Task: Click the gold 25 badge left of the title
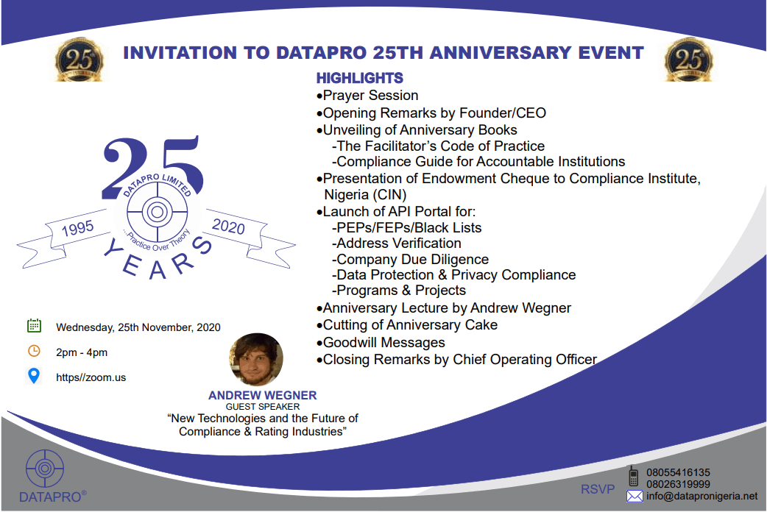79,60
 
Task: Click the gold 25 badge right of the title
688,60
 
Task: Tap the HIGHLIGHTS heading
359,78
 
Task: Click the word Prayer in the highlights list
344,96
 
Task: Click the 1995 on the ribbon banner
77,227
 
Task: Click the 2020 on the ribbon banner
228,226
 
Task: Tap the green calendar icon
34,325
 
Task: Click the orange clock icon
34,351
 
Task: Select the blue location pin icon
34,376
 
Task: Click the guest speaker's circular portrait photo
256,360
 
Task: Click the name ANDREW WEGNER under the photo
263,395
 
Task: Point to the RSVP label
598,489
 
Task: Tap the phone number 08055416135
679,472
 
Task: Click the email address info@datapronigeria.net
701,497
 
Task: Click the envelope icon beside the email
635,497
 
